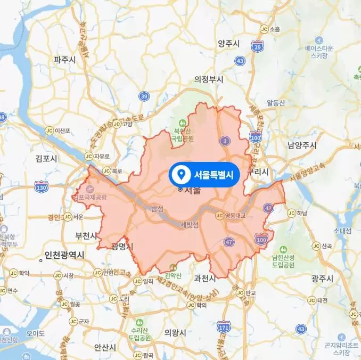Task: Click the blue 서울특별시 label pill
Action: coord(204,174)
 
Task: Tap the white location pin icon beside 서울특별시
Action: coord(180,174)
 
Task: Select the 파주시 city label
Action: coord(64,60)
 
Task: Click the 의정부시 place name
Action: coord(209,79)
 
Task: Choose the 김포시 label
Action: coord(46,158)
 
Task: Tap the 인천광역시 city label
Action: coord(64,255)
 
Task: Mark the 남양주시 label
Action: coord(301,145)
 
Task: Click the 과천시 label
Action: coord(205,278)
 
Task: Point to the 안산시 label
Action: coord(105,347)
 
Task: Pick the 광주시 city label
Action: coord(322,279)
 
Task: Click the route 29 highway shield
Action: coord(257,47)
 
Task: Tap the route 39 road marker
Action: coord(144,96)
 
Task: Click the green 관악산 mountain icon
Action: coord(172,267)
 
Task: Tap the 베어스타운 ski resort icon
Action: coord(319,40)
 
